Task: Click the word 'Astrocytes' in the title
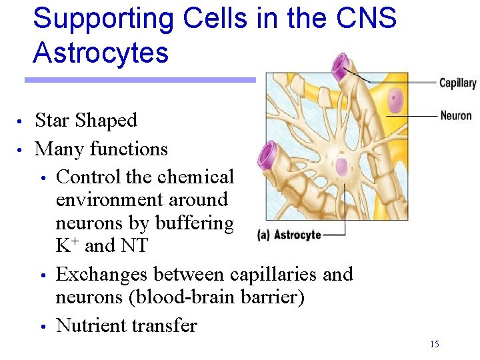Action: pyautogui.click(x=101, y=53)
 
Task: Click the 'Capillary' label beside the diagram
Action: pyautogui.click(x=457, y=83)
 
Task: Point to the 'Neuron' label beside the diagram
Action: pyautogui.click(x=456, y=115)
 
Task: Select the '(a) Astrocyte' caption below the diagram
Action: pyautogui.click(x=289, y=235)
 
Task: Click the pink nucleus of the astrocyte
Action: pyautogui.click(x=342, y=167)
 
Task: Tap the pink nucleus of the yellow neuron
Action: pyautogui.click(x=396, y=101)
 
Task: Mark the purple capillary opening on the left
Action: pyautogui.click(x=268, y=155)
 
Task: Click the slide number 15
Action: pyautogui.click(x=435, y=344)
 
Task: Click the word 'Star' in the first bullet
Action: pyautogui.click(x=52, y=121)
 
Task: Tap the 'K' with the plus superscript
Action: pyautogui.click(x=64, y=245)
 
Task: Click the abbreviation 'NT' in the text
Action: pyautogui.click(x=135, y=245)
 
